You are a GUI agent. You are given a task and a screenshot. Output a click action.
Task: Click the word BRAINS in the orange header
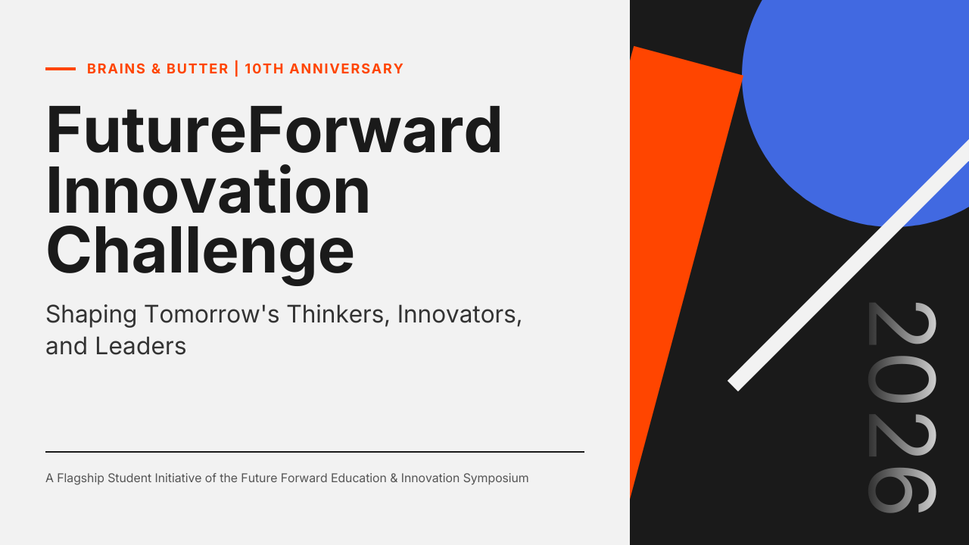coord(117,69)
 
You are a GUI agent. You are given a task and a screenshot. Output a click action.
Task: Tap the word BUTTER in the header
coord(198,69)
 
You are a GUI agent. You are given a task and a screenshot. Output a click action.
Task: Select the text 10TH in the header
coord(264,69)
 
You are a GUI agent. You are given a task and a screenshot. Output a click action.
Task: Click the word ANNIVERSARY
coord(347,69)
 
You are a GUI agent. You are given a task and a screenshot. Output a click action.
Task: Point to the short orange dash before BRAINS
coord(61,69)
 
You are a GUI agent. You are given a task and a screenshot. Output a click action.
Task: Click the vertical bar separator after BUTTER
coord(237,69)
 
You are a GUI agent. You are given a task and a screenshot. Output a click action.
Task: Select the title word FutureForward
coord(274,129)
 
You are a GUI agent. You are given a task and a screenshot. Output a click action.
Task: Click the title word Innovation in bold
coord(208,190)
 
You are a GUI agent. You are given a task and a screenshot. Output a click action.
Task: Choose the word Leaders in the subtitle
coord(141,347)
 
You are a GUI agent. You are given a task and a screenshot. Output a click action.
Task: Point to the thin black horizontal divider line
coord(315,452)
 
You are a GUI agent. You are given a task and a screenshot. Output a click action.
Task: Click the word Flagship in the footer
coord(80,478)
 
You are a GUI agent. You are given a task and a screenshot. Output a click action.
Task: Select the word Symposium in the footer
coord(496,478)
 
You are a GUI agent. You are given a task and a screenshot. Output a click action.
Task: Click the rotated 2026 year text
coord(902,407)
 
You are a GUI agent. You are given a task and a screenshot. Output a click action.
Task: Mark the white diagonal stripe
coord(849,266)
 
